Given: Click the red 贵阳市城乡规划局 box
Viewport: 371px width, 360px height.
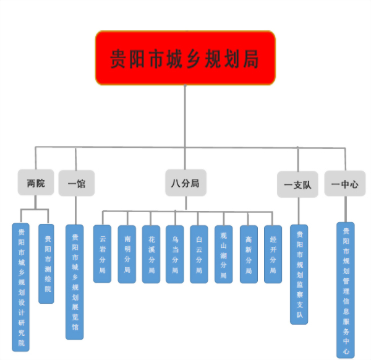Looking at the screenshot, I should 185,58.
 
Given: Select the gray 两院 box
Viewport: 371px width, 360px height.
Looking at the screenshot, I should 36,183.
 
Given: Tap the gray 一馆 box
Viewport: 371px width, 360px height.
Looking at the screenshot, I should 77,184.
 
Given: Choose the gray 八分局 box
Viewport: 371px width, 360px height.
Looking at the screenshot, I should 185,183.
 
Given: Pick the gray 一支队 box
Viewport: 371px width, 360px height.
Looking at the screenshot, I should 297,184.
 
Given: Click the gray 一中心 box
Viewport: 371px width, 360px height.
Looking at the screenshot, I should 344,184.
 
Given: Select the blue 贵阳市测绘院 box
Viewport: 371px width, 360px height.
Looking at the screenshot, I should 46,263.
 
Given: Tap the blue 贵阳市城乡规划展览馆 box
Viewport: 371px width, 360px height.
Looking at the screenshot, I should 75,281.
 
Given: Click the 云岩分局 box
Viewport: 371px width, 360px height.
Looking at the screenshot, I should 102,254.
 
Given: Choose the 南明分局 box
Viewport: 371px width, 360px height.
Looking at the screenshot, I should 127,254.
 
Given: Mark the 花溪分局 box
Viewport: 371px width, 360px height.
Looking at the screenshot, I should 151,254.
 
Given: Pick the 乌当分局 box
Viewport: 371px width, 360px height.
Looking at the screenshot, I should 175,254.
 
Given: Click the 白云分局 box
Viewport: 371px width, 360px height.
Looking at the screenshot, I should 199,254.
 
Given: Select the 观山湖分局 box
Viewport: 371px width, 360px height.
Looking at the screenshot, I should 224,254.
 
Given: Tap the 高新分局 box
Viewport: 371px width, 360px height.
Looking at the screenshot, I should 249,254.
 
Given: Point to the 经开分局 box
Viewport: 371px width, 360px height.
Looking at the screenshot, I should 273,254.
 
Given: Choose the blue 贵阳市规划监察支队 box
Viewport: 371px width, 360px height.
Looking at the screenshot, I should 299,274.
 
